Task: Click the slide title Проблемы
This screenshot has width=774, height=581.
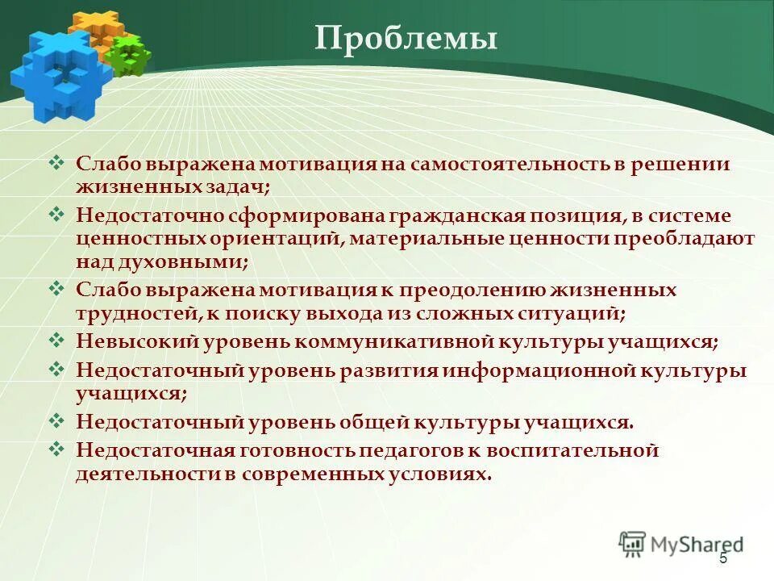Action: pyautogui.click(x=406, y=38)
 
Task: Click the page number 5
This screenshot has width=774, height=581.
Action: pyautogui.click(x=723, y=558)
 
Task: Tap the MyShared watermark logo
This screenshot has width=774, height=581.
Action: pyautogui.click(x=681, y=544)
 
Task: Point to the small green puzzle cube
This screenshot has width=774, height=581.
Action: pyautogui.click(x=128, y=54)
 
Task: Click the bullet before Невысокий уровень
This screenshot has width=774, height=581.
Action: pyautogui.click(x=56, y=339)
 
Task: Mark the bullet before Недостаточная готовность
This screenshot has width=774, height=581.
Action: pyautogui.click(x=56, y=448)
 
